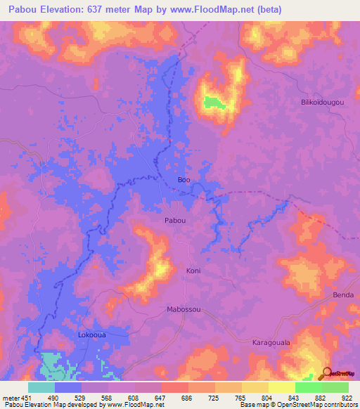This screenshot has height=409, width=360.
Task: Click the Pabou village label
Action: [175, 221]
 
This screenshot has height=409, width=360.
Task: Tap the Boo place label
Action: [184, 180]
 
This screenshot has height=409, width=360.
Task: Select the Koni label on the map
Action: [193, 271]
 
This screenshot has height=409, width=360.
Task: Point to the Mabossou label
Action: [184, 309]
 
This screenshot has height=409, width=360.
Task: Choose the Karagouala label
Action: [271, 342]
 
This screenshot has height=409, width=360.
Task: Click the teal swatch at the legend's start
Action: [41, 387]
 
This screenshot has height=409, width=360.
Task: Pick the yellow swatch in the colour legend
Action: [281, 387]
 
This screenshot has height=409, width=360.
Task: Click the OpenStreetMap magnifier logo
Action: [326, 373]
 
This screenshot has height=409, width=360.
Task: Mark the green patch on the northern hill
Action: [215, 103]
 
